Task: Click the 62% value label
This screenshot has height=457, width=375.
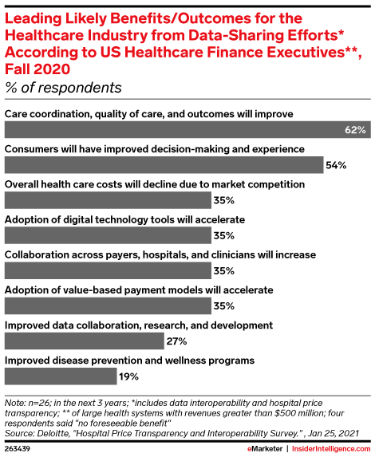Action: tap(355, 130)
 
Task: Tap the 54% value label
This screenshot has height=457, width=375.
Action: tap(334, 165)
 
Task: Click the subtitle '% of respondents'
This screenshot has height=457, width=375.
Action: tap(63, 87)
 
